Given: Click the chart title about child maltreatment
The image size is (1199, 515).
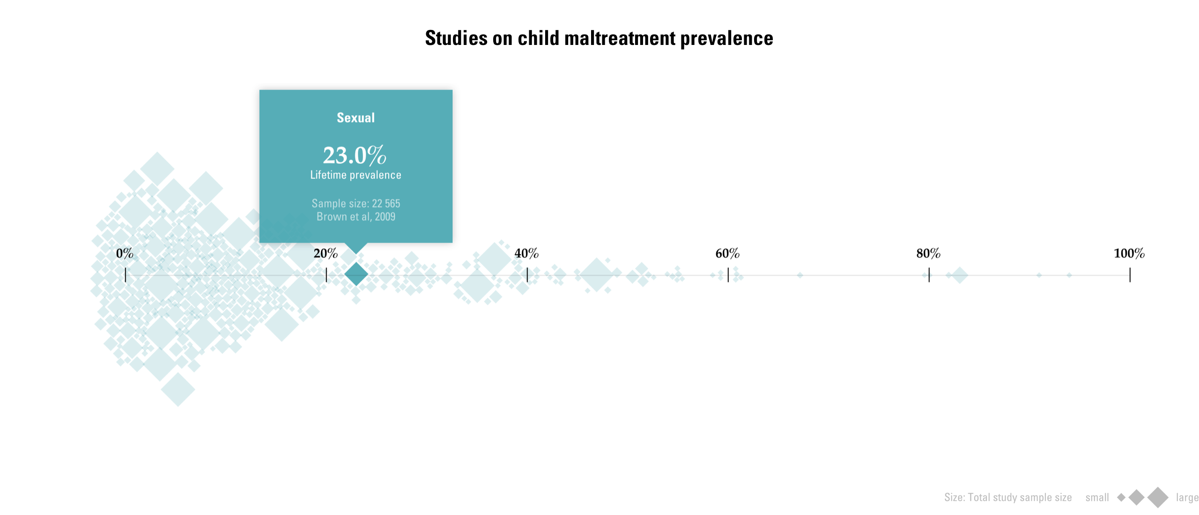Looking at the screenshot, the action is [x=599, y=38].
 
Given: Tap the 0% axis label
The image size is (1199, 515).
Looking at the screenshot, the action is [x=125, y=253].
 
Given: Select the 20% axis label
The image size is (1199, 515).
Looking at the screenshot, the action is [x=326, y=253].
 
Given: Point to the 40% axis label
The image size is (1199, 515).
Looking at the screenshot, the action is [x=526, y=253].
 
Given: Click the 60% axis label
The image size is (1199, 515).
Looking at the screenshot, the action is [x=727, y=253].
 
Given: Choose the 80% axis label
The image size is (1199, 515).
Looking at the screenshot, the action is [x=928, y=253].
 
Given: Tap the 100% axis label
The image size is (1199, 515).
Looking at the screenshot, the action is [x=1129, y=253].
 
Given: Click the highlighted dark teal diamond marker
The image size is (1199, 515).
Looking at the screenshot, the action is [x=356, y=274].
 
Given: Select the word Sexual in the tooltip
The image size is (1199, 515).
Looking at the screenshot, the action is [x=356, y=118].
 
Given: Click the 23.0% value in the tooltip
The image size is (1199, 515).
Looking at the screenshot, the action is [x=355, y=155].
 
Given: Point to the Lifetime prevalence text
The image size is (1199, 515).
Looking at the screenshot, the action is [x=356, y=175].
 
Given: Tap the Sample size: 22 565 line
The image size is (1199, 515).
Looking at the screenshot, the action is [x=356, y=204].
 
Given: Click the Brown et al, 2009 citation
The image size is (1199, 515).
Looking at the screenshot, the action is [x=356, y=217].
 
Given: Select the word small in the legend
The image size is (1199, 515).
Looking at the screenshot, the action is [x=1097, y=497].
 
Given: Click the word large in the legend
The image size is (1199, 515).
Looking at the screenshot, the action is [x=1187, y=497].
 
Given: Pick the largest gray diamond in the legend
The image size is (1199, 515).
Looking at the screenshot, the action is [x=1158, y=497].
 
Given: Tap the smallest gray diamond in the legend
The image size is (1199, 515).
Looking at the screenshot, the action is [x=1121, y=497].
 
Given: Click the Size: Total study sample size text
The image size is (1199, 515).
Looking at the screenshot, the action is [x=1008, y=497].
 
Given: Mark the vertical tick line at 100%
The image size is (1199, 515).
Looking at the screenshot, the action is [x=1130, y=275].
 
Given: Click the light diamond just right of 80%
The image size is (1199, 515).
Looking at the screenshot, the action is [x=960, y=275].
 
